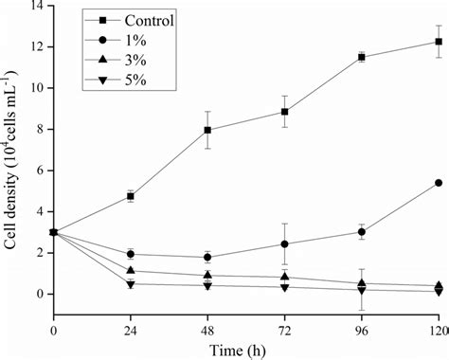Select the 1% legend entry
pyautogui.click(x=115, y=38)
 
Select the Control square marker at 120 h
pyautogui.click(x=438, y=41)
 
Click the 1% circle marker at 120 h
pyautogui.click(x=438, y=183)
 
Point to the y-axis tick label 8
pyautogui.click(x=42, y=129)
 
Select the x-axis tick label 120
pyautogui.click(x=435, y=329)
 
